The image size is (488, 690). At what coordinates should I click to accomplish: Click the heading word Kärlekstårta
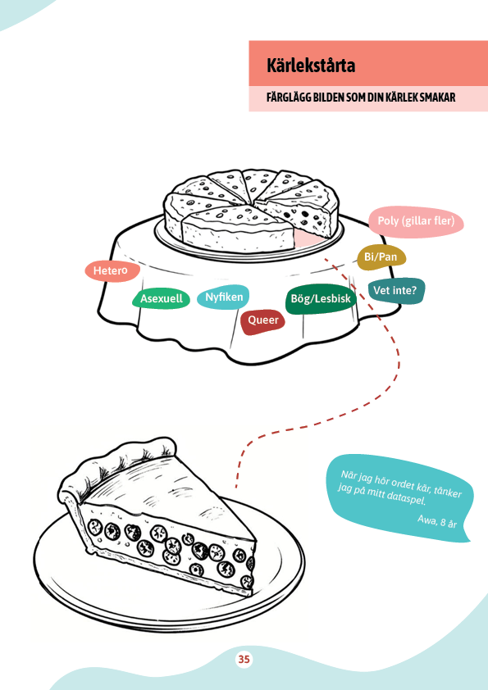(x=311, y=65)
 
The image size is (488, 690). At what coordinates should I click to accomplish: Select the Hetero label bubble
(x=112, y=270)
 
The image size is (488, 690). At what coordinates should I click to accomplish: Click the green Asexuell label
(x=162, y=299)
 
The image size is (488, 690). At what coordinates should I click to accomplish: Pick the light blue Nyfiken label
(x=223, y=297)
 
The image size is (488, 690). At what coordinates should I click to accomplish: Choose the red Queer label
(x=263, y=320)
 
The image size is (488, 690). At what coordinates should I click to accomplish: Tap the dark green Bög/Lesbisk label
(x=321, y=299)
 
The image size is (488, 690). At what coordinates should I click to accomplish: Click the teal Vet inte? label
(x=396, y=291)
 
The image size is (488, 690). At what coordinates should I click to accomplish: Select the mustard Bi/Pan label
(x=381, y=257)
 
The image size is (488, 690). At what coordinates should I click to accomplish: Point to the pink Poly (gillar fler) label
(x=416, y=221)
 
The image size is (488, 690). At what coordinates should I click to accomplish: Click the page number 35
(x=244, y=659)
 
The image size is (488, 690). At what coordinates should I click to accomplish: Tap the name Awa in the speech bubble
(x=426, y=520)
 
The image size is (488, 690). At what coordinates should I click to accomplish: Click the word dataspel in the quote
(x=406, y=497)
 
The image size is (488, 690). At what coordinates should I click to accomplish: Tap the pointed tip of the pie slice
(x=255, y=539)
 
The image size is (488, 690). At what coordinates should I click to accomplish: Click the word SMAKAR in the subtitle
(x=437, y=97)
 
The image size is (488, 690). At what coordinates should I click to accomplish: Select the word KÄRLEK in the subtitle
(x=401, y=97)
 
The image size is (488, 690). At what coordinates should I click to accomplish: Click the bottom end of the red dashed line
(x=236, y=486)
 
